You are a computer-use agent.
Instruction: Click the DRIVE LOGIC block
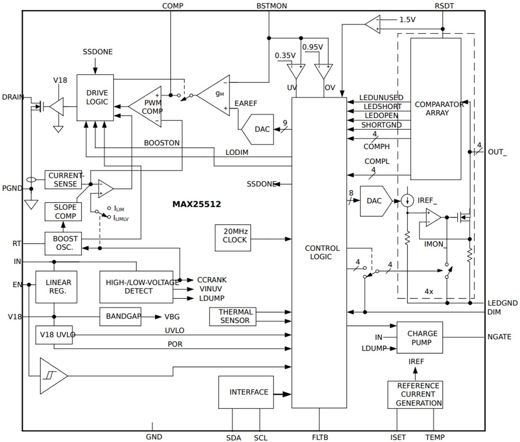[x=95, y=98]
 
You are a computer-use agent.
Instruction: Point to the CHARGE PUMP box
[x=419, y=338]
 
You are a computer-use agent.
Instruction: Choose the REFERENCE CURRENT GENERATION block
[x=415, y=394]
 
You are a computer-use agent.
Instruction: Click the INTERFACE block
[x=246, y=392]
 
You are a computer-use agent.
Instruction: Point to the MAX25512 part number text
[x=196, y=204]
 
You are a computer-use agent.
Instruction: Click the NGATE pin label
[x=499, y=337]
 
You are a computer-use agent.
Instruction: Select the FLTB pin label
[x=320, y=437]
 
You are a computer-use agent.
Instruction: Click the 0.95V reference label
[x=312, y=47]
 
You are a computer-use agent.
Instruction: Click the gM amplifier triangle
[x=215, y=95]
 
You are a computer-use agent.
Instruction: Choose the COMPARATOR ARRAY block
[x=435, y=109]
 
